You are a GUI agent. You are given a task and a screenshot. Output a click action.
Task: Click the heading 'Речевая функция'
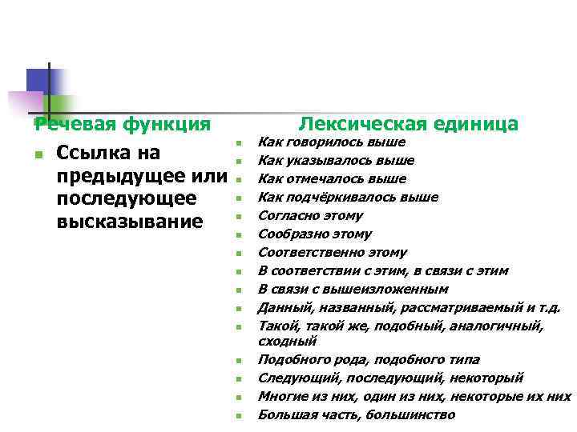point(123,124)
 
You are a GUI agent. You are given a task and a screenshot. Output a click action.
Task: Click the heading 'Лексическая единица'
point(408,124)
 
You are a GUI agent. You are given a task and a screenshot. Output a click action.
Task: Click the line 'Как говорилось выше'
point(331,142)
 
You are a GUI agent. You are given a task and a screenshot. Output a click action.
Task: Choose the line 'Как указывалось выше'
point(336,160)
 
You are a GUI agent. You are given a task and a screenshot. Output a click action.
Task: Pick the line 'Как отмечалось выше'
point(332,178)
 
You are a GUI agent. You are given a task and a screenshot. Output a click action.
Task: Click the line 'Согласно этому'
point(310,215)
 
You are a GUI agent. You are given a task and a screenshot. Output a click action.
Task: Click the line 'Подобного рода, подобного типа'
point(369,359)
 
